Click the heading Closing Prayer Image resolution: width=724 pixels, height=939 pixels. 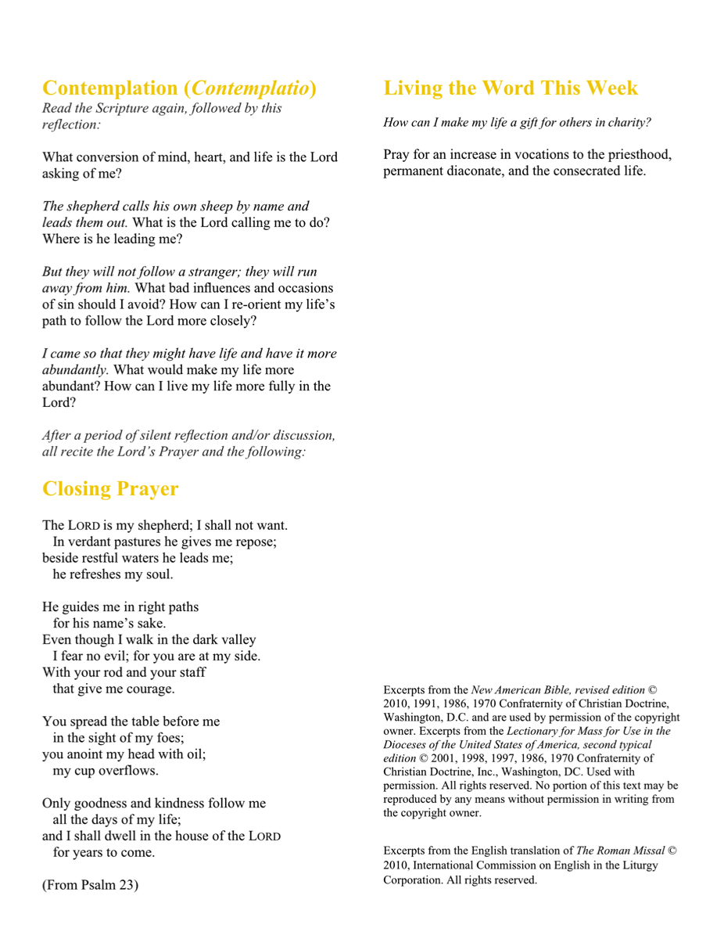[x=110, y=489]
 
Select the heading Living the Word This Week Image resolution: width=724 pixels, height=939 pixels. [x=511, y=88]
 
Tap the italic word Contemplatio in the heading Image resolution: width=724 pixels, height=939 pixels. [x=249, y=88]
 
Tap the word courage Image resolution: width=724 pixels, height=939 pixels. [x=149, y=689]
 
